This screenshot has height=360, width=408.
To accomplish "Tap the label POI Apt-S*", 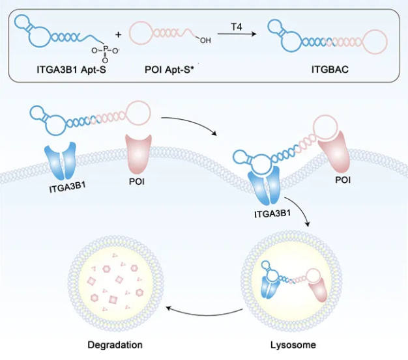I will (165, 69).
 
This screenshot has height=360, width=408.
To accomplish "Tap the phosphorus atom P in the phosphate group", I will (104, 48).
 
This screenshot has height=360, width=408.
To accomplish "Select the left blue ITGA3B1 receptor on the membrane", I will (65, 162).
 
